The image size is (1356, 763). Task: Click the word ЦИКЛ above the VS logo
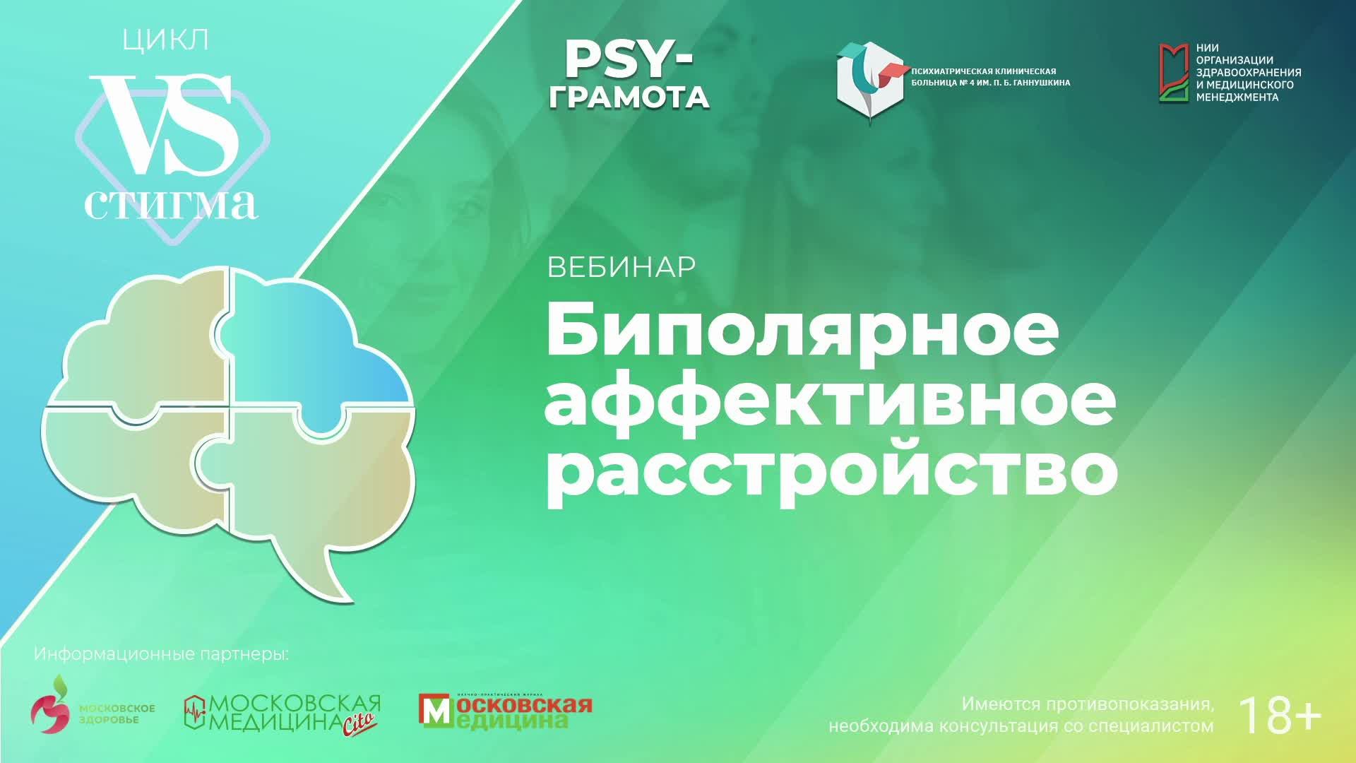click(x=165, y=40)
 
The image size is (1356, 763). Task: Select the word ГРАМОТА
click(x=629, y=97)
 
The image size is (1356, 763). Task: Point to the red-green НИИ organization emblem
click(x=1174, y=73)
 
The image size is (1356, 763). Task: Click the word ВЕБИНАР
click(x=621, y=267)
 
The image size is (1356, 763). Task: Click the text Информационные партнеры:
click(x=161, y=654)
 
